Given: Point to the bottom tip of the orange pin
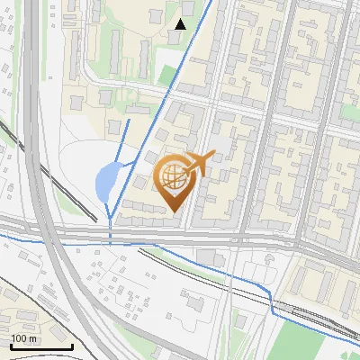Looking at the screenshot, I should click(x=175, y=211).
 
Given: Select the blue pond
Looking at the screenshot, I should click(x=106, y=183).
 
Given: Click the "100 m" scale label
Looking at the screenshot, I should click(x=23, y=338).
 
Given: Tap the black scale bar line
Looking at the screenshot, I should click(x=41, y=346).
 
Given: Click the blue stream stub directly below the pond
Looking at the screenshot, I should click(x=110, y=229).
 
